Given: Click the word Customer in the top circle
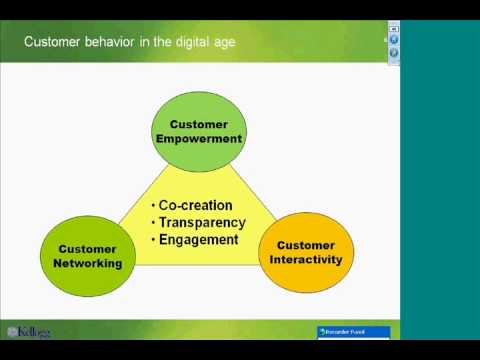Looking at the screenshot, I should pyautogui.click(x=199, y=124).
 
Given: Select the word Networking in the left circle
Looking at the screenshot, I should pyautogui.click(x=88, y=264).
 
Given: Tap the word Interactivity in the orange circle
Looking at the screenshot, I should pyautogui.click(x=306, y=260).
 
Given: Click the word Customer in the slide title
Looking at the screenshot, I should pyautogui.click(x=55, y=43).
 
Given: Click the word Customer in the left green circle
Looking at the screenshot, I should pyautogui.click(x=88, y=248).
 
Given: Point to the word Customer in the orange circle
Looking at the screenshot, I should pyautogui.click(x=306, y=244).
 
